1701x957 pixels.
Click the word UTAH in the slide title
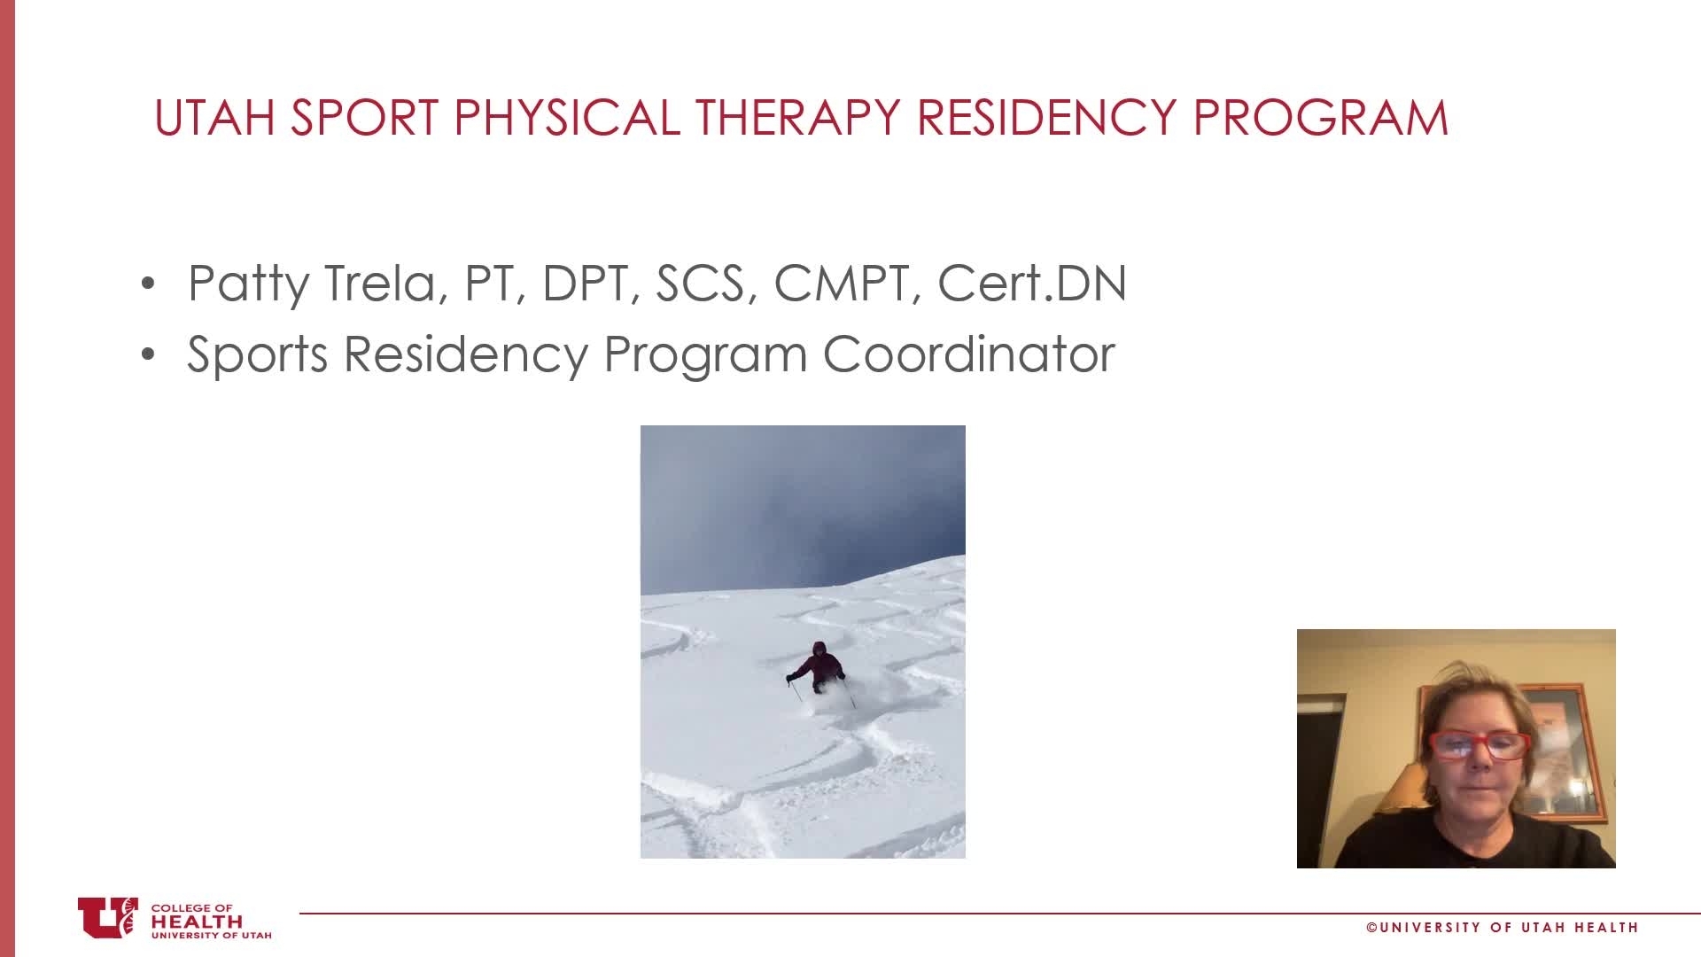pyautogui.click(x=214, y=118)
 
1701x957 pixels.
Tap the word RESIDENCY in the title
pyautogui.click(x=1047, y=118)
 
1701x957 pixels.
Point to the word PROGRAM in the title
pyautogui.click(x=1321, y=118)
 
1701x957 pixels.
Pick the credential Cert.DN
pyautogui.click(x=1032, y=284)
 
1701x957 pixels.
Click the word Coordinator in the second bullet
pyautogui.click(x=968, y=354)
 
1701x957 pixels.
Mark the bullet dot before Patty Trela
pyautogui.click(x=148, y=284)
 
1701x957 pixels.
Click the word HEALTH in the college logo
pyautogui.click(x=196, y=921)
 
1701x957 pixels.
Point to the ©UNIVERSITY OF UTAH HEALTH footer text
pyautogui.click(x=1503, y=928)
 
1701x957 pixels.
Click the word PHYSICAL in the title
pyautogui.click(x=566, y=118)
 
